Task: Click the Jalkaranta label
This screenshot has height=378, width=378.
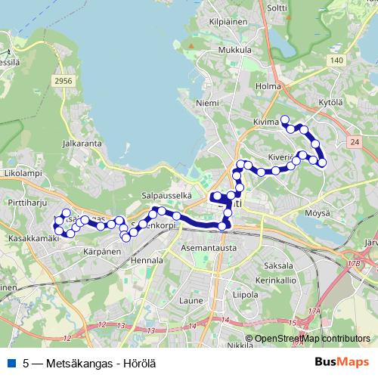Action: tap(84, 141)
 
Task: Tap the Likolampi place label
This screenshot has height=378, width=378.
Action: tap(20, 174)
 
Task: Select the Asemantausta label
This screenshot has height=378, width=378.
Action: tap(209, 247)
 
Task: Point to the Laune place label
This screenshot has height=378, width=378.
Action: tap(192, 300)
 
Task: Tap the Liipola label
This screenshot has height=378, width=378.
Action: tap(246, 294)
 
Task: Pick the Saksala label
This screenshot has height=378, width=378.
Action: tap(279, 265)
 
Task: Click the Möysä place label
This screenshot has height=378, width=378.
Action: tap(318, 213)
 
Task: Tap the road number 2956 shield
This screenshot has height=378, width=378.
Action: tap(64, 79)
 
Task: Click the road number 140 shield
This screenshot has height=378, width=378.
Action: tap(336, 60)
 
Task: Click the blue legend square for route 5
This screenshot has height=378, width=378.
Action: tap(10, 362)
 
